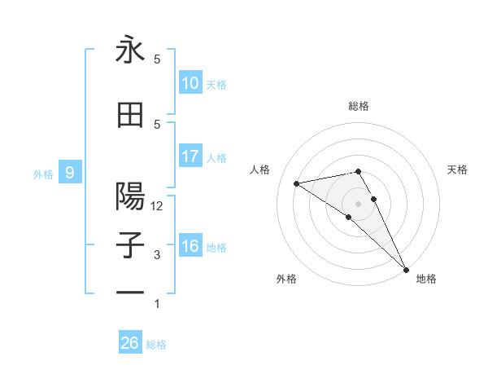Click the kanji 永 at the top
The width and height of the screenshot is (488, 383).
[x=130, y=50]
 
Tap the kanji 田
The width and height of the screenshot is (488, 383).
[x=130, y=116]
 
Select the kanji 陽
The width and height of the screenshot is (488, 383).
[x=130, y=197]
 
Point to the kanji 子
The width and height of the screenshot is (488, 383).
[x=130, y=246]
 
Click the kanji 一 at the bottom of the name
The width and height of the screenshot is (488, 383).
[x=130, y=293]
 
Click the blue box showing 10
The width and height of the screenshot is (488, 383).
[x=190, y=83]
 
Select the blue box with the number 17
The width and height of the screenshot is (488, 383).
[x=190, y=156]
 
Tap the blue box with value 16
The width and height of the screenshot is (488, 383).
[x=190, y=246]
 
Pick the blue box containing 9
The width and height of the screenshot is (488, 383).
[x=71, y=172]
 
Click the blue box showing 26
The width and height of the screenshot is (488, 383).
[x=130, y=343]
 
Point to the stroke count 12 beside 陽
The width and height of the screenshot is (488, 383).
[x=157, y=206]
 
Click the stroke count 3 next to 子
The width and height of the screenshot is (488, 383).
[x=157, y=255]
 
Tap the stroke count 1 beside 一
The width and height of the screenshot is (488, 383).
[x=157, y=304]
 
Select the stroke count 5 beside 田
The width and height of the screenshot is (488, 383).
[x=157, y=124]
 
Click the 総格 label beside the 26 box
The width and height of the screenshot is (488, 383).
[x=156, y=345]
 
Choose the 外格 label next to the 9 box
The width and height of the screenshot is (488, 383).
[x=43, y=174]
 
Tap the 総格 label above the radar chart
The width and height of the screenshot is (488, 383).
[x=358, y=106]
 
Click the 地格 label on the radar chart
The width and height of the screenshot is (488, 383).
[x=426, y=280]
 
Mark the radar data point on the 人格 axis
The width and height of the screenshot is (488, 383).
[x=296, y=183]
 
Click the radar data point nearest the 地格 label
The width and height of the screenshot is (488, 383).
[x=405, y=268]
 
